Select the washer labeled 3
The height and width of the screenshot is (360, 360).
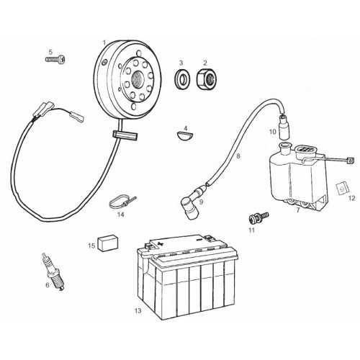pyautogui.click(x=181, y=78)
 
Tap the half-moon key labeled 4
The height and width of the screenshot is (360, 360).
pyautogui.click(x=184, y=135)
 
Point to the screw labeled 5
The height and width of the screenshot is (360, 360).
pyautogui.click(x=55, y=59)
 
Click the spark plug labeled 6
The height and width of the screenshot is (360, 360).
pyautogui.click(x=54, y=271)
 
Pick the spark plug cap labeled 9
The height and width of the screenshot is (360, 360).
pyautogui.click(x=191, y=204)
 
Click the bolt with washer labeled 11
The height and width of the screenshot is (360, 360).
pyautogui.click(x=258, y=217)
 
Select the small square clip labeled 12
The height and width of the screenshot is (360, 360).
pyautogui.click(x=342, y=189)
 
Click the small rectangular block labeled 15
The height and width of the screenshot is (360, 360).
pyautogui.click(x=107, y=243)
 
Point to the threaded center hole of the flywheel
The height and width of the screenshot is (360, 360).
pyautogui.click(x=138, y=78)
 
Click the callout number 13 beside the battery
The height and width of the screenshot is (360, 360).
pyautogui.click(x=138, y=311)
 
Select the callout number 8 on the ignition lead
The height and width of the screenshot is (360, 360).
pyautogui.click(x=238, y=156)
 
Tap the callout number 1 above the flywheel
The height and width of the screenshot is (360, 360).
pyautogui.click(x=104, y=42)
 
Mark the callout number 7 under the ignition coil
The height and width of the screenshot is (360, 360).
pyautogui.click(x=298, y=210)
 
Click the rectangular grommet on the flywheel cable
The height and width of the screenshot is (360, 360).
pyautogui.click(x=125, y=135)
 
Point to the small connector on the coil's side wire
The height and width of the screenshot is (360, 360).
pyautogui.click(x=351, y=160)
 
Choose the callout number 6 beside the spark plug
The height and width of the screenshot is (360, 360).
pyautogui.click(x=48, y=285)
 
